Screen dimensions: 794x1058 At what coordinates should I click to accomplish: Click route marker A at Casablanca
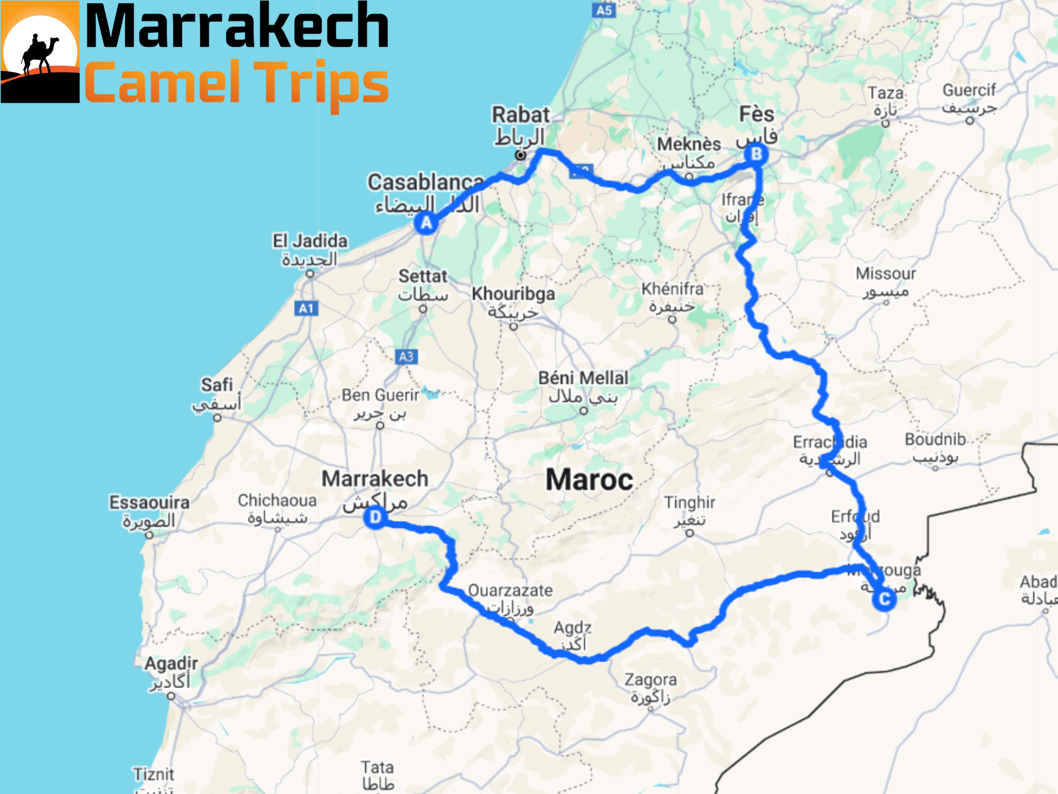click(426, 223)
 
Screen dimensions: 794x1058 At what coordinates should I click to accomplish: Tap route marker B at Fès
click(756, 154)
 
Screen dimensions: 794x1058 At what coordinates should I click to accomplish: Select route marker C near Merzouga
click(884, 599)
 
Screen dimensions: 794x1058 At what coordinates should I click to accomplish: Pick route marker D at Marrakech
click(375, 517)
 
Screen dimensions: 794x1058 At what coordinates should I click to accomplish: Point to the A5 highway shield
click(604, 10)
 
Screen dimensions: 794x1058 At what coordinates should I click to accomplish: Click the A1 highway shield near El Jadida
click(306, 309)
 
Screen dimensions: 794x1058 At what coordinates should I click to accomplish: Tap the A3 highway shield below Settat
click(406, 357)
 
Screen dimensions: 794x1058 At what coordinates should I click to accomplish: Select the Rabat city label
click(520, 115)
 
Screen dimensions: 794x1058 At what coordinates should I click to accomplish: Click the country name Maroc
click(589, 480)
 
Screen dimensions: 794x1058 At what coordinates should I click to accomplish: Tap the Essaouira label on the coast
click(149, 502)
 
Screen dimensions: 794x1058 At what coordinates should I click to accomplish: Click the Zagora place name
click(650, 680)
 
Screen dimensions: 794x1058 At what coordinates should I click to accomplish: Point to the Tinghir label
click(690, 502)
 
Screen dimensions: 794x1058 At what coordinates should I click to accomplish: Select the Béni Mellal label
click(583, 378)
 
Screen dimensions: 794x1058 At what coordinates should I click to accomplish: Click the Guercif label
click(969, 90)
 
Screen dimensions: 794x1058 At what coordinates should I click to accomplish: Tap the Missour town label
click(885, 273)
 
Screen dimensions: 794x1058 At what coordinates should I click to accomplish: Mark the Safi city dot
click(217, 418)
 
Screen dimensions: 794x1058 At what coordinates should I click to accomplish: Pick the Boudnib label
click(935, 439)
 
